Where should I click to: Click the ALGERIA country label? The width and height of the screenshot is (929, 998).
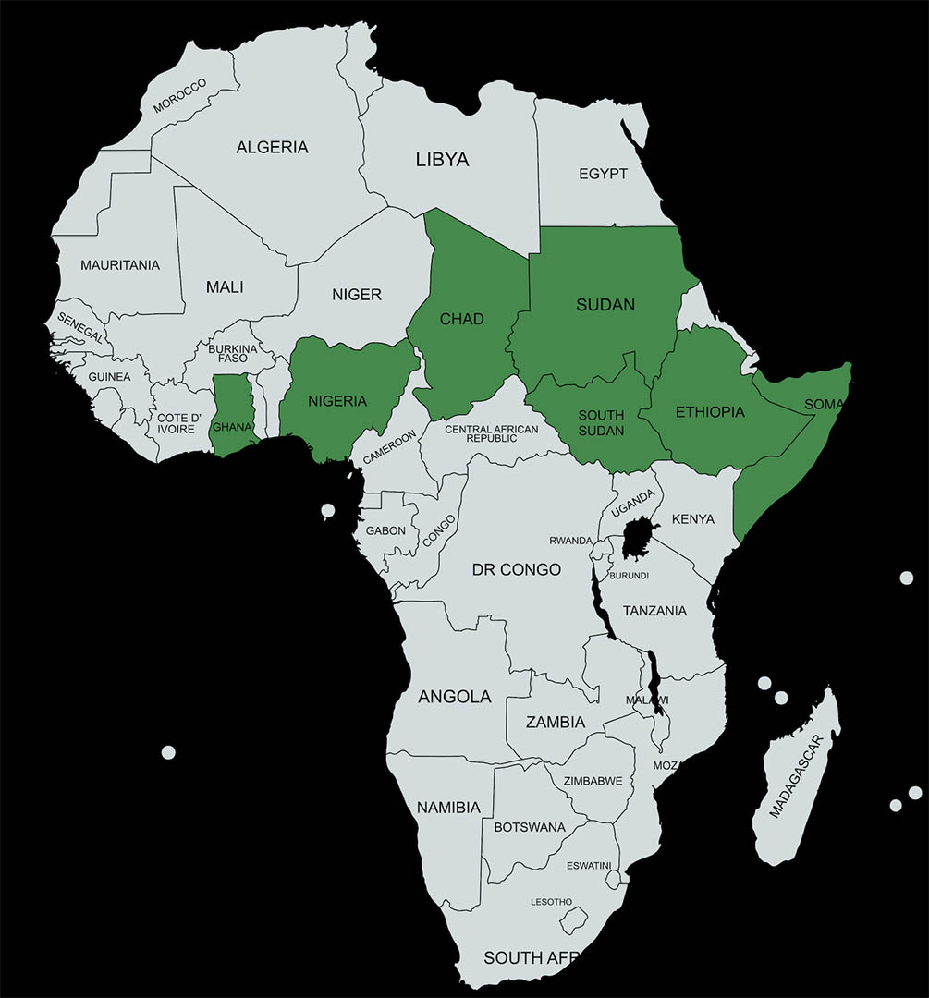point(272,147)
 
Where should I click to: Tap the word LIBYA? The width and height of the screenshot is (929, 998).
point(442,160)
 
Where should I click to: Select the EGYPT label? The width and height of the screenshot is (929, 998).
point(603,174)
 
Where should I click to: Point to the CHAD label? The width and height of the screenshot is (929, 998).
point(461,319)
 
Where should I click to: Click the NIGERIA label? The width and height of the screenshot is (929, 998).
point(337,401)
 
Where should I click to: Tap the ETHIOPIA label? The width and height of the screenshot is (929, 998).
point(710,412)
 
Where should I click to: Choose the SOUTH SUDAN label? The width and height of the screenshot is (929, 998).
point(601,423)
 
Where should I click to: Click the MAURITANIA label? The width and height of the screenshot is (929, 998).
point(120,265)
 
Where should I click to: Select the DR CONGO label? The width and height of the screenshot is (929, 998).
point(516,570)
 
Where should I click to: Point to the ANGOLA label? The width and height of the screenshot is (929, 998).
point(455,697)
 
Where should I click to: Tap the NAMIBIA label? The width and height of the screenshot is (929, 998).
point(448,808)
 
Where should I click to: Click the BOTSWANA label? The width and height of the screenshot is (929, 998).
point(530,827)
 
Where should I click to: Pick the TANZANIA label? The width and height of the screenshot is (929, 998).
point(654,611)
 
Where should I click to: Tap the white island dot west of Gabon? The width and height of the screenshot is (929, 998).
point(327,510)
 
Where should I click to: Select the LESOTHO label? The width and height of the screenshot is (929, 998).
point(551,901)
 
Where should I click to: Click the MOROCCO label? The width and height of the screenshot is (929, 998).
point(180,96)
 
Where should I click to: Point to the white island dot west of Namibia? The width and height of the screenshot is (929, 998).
point(168,752)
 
